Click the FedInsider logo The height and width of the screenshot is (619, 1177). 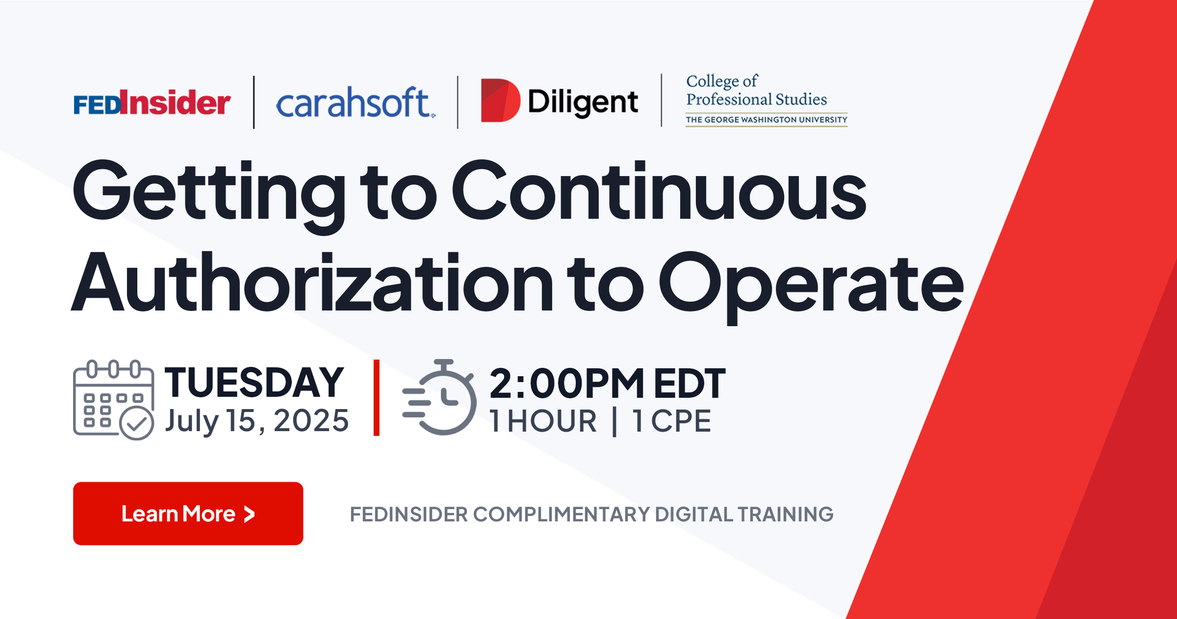[x=152, y=103]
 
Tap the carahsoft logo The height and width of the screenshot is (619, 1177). [x=356, y=103]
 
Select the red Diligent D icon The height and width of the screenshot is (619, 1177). [x=500, y=101]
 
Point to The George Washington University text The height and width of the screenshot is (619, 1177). [x=767, y=120]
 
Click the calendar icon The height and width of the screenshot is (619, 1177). [x=114, y=400]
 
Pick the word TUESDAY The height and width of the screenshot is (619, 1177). [x=254, y=383]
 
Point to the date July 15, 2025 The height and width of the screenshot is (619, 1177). [x=257, y=421]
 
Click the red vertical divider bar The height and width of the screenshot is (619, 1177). [x=377, y=397]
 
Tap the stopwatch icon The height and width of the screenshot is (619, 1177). [x=439, y=397]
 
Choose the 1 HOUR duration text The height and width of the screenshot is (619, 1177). [x=543, y=421]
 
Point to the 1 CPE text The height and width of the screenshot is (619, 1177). [x=672, y=421]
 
